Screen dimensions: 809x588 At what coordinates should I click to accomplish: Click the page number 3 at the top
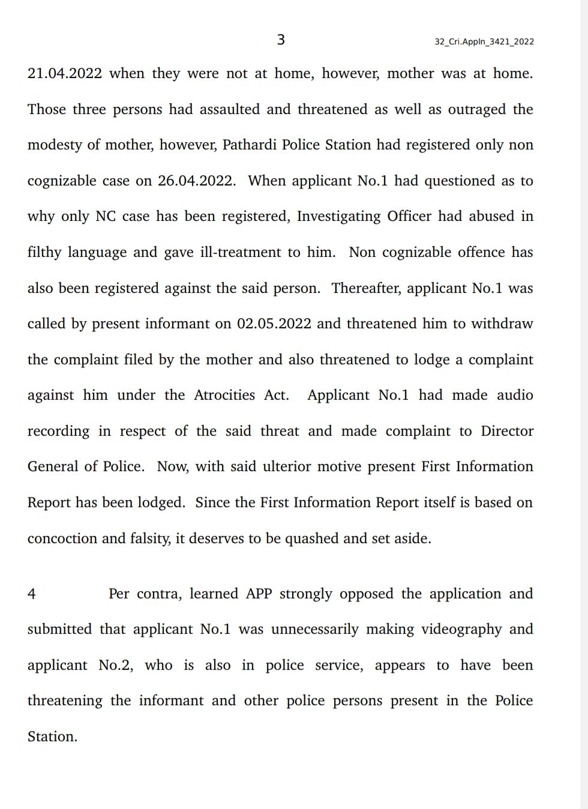(280, 40)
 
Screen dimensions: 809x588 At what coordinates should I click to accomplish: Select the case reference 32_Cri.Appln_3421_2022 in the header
(484, 41)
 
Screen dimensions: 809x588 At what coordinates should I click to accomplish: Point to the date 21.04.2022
(65, 74)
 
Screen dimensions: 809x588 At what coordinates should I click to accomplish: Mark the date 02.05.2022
(274, 324)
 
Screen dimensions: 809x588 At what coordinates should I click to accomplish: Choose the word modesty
(55, 145)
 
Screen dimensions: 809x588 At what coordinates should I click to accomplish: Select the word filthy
(44, 253)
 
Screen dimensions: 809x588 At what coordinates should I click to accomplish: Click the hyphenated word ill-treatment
(241, 253)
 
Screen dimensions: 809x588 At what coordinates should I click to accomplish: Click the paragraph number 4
(32, 594)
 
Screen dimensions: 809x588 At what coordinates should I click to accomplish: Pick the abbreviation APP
(259, 594)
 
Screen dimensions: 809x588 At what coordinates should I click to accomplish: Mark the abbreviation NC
(106, 217)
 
